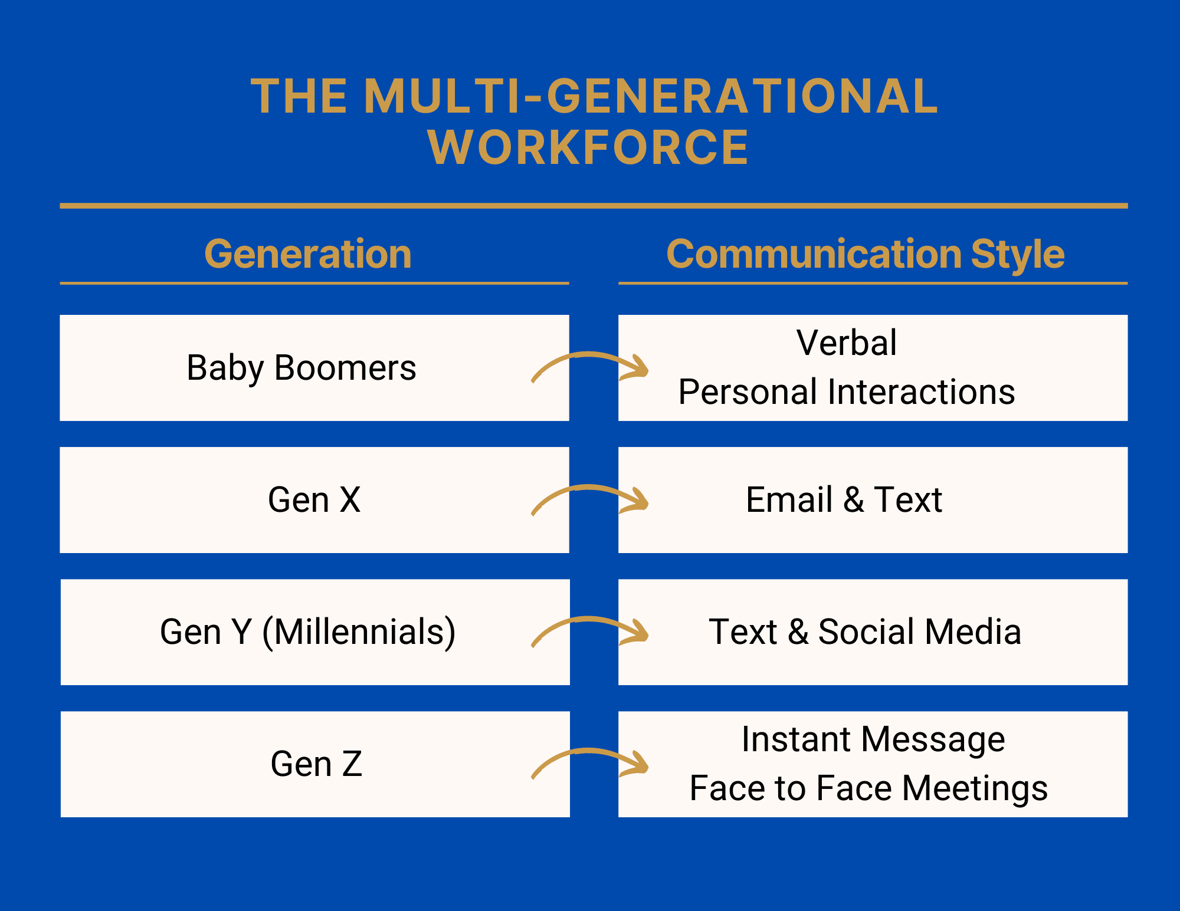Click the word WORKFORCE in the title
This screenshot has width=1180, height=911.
[x=588, y=147]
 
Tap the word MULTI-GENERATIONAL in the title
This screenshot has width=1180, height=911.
[x=651, y=96]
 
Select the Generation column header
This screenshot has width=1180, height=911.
[x=308, y=254]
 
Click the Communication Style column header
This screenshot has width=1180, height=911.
[x=866, y=254]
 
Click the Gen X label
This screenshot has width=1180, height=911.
[x=314, y=500]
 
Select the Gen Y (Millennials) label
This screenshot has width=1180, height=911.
[x=307, y=632]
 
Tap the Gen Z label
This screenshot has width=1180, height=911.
[x=316, y=764]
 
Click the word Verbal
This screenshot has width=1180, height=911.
[x=847, y=343]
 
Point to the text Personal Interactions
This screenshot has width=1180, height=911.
[x=847, y=392]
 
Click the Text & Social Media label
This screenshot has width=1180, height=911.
[x=865, y=632]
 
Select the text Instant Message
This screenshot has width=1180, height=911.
[x=873, y=739]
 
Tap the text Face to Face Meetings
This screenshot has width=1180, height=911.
[x=868, y=788]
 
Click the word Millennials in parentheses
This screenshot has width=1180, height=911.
[x=359, y=632]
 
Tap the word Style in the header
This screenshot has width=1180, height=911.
[x=1018, y=254]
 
